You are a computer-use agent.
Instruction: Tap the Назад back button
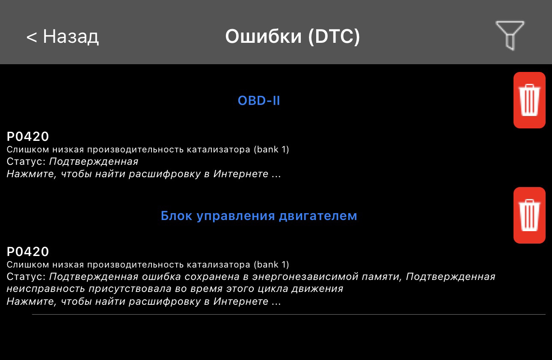click(62, 36)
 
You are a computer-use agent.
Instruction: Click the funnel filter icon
click(510, 35)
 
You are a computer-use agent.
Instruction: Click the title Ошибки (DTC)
click(293, 36)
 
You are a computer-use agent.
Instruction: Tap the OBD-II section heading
click(259, 101)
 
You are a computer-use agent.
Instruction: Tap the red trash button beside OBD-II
click(529, 100)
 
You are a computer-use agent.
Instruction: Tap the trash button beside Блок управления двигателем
click(529, 215)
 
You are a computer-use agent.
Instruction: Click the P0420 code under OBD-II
click(28, 137)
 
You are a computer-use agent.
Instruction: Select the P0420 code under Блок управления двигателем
click(28, 252)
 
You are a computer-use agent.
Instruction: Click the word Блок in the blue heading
click(176, 216)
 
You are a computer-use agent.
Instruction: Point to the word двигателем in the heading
click(318, 217)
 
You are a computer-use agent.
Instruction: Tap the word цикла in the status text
click(273, 289)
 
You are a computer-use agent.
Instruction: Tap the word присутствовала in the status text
click(130, 289)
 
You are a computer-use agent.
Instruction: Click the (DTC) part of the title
click(334, 36)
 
